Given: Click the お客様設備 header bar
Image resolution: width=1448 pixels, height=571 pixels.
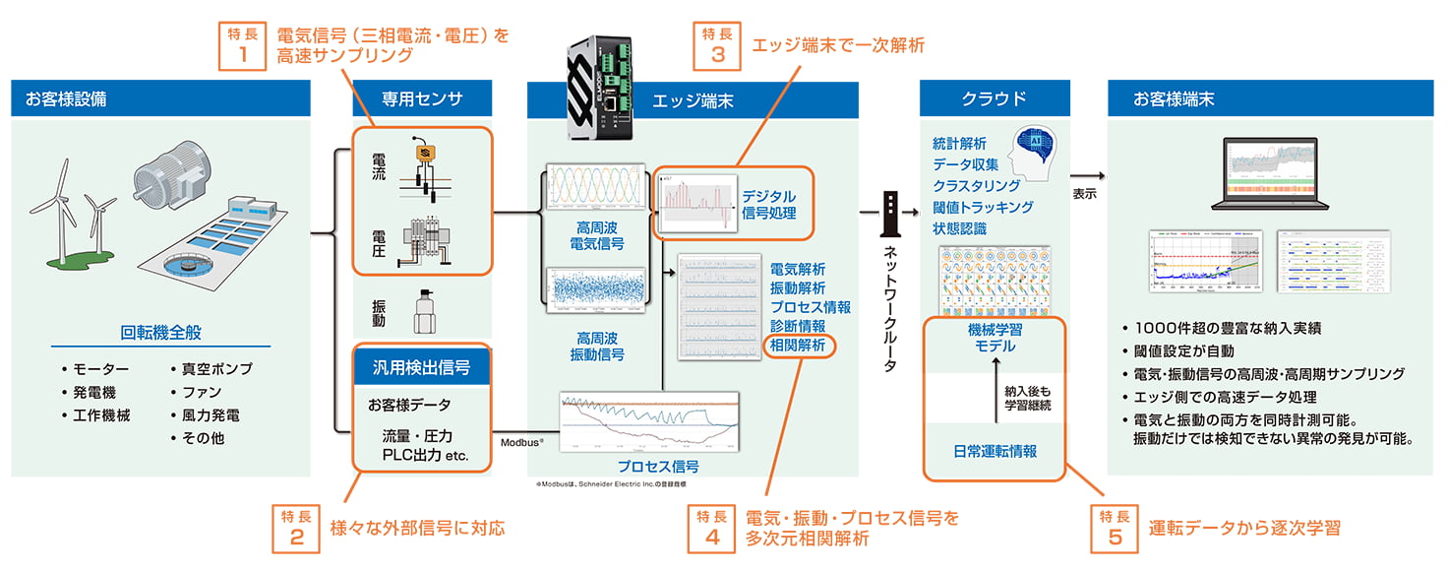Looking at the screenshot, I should pos(161,98).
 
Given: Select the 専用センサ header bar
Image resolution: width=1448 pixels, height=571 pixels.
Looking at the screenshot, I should pos(422,98).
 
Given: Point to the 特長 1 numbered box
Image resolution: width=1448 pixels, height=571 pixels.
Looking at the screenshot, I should pos(241,45).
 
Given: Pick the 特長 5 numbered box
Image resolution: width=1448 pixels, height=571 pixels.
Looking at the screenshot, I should pos(1115,528).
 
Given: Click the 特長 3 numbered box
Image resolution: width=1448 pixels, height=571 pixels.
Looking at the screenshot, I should pos(718,45).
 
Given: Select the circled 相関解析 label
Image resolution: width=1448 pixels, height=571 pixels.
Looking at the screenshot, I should pos(798,345).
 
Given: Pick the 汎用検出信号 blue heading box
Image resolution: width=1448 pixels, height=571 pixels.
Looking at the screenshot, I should pos(422,368).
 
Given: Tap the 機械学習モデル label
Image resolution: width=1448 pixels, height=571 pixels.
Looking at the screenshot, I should pos(993,338).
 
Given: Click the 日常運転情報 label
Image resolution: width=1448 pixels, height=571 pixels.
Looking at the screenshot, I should pos(995,451).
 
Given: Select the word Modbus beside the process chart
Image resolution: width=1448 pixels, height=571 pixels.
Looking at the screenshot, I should pos(524,443).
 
